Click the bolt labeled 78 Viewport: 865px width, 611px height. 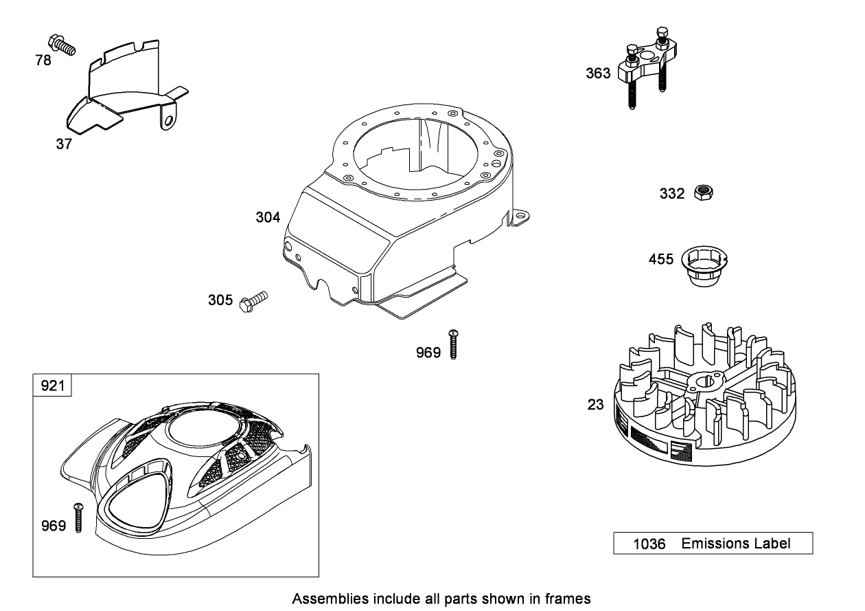[62, 45]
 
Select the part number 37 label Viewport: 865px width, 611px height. [64, 144]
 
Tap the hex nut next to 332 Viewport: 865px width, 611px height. [704, 192]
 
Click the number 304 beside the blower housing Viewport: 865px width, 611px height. [268, 217]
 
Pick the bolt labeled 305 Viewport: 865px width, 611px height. [253, 302]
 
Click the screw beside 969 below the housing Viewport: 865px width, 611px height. [453, 344]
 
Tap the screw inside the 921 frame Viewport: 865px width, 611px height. [78, 518]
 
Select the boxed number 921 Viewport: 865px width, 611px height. [52, 386]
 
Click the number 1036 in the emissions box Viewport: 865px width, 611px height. [649, 544]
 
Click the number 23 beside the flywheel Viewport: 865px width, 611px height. [595, 405]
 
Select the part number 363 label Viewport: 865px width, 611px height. [598, 73]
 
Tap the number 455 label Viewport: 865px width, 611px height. [660, 259]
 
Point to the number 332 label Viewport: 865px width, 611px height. [672, 193]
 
